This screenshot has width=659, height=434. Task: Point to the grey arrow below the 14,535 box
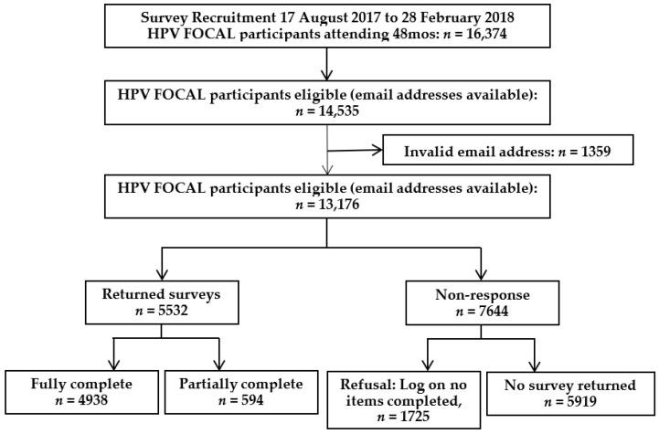pyautogui.click(x=328, y=154)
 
